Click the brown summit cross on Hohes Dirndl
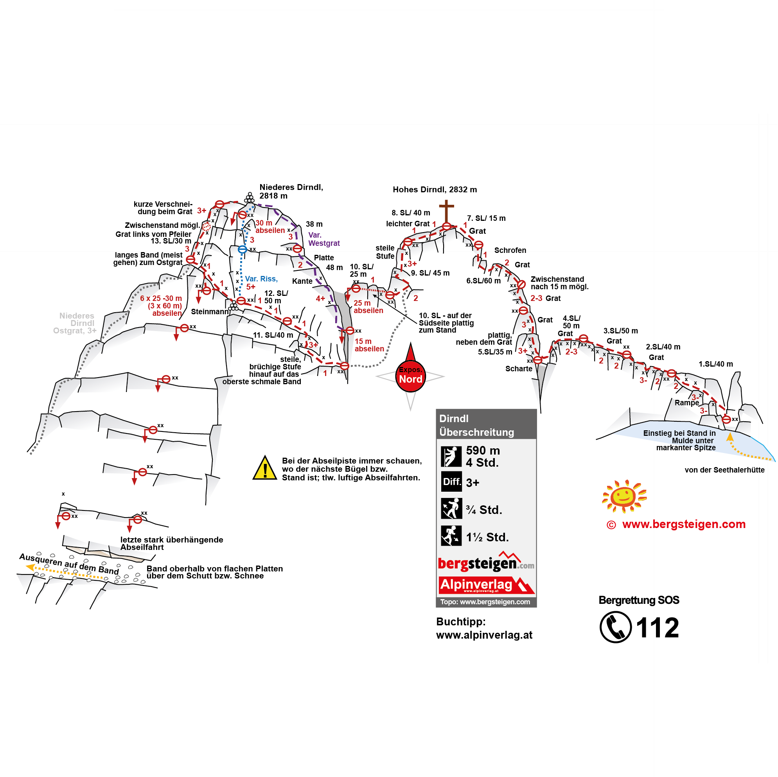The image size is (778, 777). [446, 210]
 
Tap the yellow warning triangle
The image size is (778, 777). [264, 469]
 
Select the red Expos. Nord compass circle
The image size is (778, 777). [410, 377]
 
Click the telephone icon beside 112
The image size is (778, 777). [615, 627]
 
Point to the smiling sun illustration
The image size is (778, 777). [623, 496]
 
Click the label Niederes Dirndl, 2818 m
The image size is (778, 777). [291, 192]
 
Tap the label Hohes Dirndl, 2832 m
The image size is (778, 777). [435, 190]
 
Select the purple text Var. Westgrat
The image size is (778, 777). [324, 239]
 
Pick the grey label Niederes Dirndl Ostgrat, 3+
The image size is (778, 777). [76, 323]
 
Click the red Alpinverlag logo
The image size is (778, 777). [486, 585]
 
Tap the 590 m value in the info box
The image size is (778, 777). [483, 450]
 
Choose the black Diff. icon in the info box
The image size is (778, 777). [451, 482]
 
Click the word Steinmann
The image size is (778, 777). [209, 312]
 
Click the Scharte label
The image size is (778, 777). [519, 369]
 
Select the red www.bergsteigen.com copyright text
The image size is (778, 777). [677, 524]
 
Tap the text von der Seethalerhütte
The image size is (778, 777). [724, 470]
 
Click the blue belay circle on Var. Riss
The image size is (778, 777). [242, 250]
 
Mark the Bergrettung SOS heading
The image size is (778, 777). [639, 600]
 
